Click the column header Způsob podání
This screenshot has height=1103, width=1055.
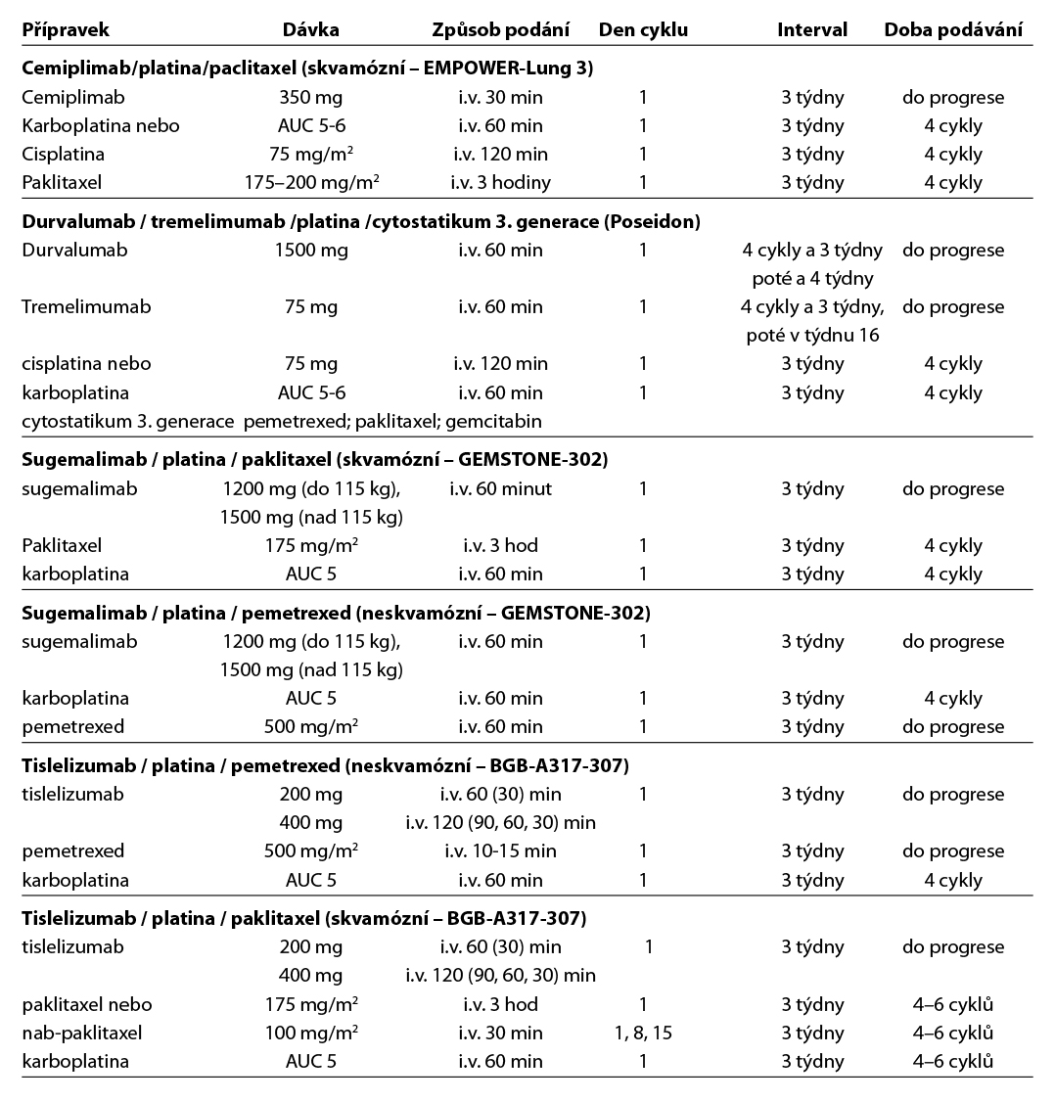(500, 29)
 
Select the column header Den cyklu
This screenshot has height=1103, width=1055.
(643, 29)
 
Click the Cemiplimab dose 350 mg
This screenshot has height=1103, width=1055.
(311, 97)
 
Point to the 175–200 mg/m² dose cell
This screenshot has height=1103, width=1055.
(311, 182)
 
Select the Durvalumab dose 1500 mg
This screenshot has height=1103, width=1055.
(311, 250)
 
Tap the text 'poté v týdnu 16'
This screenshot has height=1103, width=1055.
(812, 335)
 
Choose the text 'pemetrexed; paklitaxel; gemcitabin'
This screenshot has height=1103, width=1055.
(392, 421)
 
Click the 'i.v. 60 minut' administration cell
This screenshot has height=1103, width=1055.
(500, 488)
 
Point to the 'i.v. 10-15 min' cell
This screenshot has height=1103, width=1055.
(500, 850)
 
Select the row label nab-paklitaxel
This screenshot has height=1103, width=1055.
(81, 1033)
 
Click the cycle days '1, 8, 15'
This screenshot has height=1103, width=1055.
(643, 1033)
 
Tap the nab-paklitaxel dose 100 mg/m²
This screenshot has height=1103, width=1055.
(311, 1033)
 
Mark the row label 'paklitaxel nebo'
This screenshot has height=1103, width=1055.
(87, 1004)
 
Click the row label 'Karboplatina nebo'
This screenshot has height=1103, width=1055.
(101, 125)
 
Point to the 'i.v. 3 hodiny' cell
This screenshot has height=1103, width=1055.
(500, 182)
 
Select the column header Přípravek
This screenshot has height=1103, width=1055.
(66, 29)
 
